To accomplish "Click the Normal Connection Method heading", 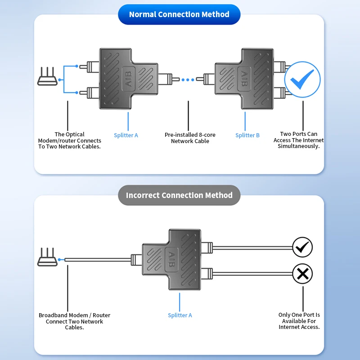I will point(179,14).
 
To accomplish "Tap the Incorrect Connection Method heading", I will point(179,195).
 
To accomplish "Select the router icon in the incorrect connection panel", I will point(47,257).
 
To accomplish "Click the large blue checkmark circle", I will point(302,80).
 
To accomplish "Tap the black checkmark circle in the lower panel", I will point(302,247).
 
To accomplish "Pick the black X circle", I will point(302,274).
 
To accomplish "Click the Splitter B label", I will point(247,135).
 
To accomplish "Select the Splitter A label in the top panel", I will point(126,135).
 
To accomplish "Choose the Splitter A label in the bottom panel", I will point(180,315).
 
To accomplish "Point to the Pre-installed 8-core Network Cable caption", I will point(190,138).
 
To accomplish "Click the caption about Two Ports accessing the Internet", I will point(298,140).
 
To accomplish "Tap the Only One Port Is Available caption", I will point(299,321).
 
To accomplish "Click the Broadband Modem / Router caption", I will point(74,321).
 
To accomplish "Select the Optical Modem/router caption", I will point(69,140).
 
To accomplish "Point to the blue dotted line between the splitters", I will point(188,80).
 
